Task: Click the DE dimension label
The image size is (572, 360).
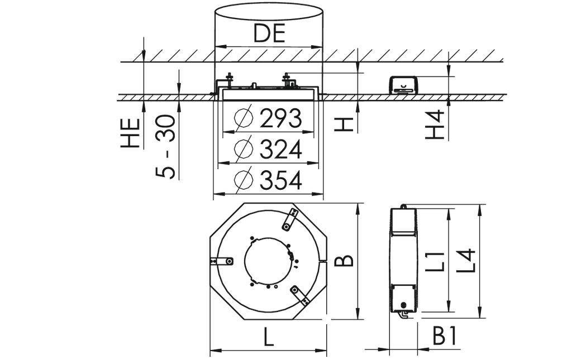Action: [x=269, y=33]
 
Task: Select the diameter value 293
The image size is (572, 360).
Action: [x=280, y=118]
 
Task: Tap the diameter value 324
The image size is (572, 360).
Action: [x=280, y=150]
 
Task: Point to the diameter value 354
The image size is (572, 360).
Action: [x=280, y=180]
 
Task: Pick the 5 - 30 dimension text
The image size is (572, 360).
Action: [x=166, y=147]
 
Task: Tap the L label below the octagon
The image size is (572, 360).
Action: [x=269, y=338]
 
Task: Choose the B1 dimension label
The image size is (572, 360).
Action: [x=446, y=337]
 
